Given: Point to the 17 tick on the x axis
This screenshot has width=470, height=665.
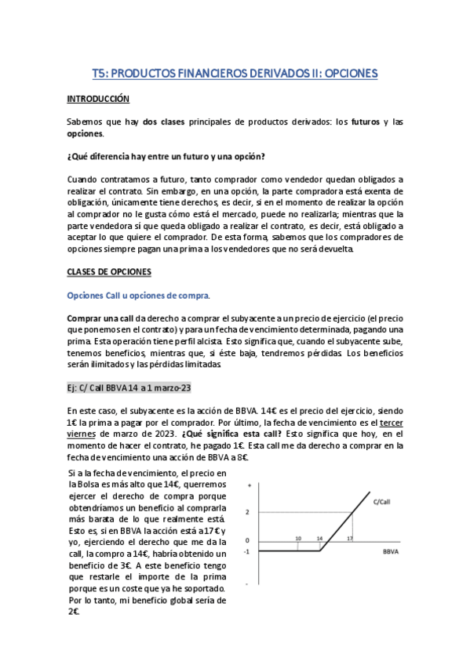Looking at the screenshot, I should point(350,539).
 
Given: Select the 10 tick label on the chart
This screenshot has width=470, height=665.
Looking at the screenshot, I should point(298,539).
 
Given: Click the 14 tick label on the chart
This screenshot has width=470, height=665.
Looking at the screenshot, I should point(319,539).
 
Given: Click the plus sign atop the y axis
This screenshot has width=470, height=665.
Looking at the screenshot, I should point(249,485).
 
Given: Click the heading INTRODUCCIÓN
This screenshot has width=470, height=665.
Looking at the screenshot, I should point(97,100).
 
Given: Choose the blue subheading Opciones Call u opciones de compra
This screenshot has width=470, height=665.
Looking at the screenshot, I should point(138,295).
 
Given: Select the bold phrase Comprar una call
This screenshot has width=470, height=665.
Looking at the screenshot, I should point(100,319).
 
